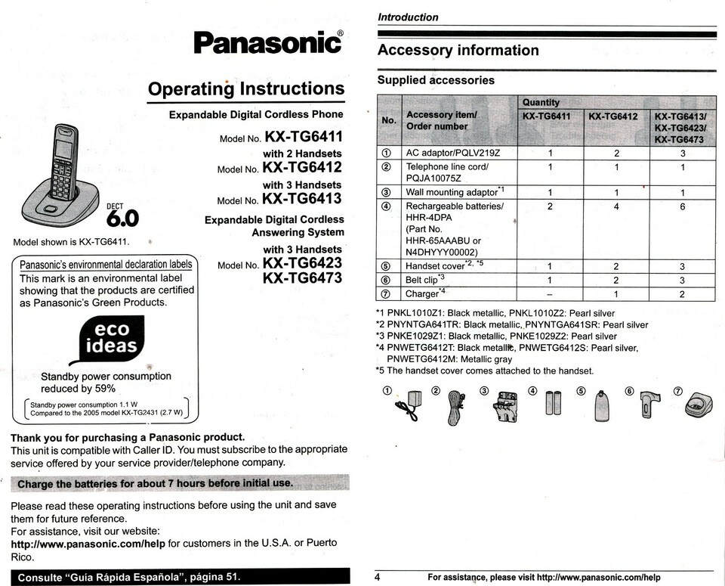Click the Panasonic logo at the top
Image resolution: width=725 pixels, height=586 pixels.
tap(268, 42)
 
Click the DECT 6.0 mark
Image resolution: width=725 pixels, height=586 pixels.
tap(122, 216)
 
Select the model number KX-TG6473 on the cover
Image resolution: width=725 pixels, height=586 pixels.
tap(302, 278)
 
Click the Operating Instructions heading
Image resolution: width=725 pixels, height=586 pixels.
tap(246, 89)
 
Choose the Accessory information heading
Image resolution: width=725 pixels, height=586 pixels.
tap(458, 51)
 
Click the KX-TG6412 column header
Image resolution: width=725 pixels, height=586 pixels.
tap(612, 116)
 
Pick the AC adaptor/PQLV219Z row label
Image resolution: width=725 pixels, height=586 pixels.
tap(453, 153)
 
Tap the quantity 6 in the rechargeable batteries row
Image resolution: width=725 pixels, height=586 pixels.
tap(681, 206)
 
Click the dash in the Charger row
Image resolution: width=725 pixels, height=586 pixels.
tap(550, 293)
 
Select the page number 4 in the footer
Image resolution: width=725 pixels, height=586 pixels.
tap(378, 578)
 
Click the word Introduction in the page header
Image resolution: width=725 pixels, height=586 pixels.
tap(408, 17)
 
